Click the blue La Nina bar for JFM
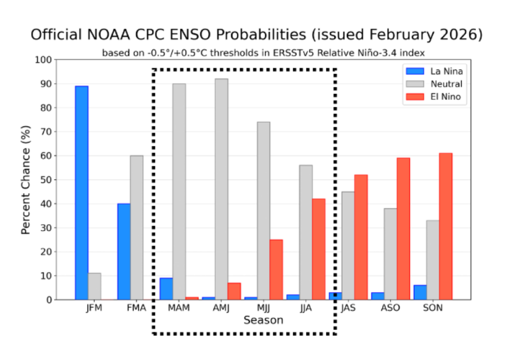click(81, 192)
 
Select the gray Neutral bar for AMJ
click(221, 189)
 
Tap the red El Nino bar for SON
click(445, 226)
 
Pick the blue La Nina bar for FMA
click(124, 251)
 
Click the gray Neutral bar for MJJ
click(263, 210)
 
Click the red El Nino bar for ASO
click(403, 228)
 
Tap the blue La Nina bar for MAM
click(166, 288)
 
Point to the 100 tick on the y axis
click(44, 60)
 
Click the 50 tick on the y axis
click(46, 180)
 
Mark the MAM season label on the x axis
click(179, 308)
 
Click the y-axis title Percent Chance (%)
click(26, 180)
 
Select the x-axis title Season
click(263, 320)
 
